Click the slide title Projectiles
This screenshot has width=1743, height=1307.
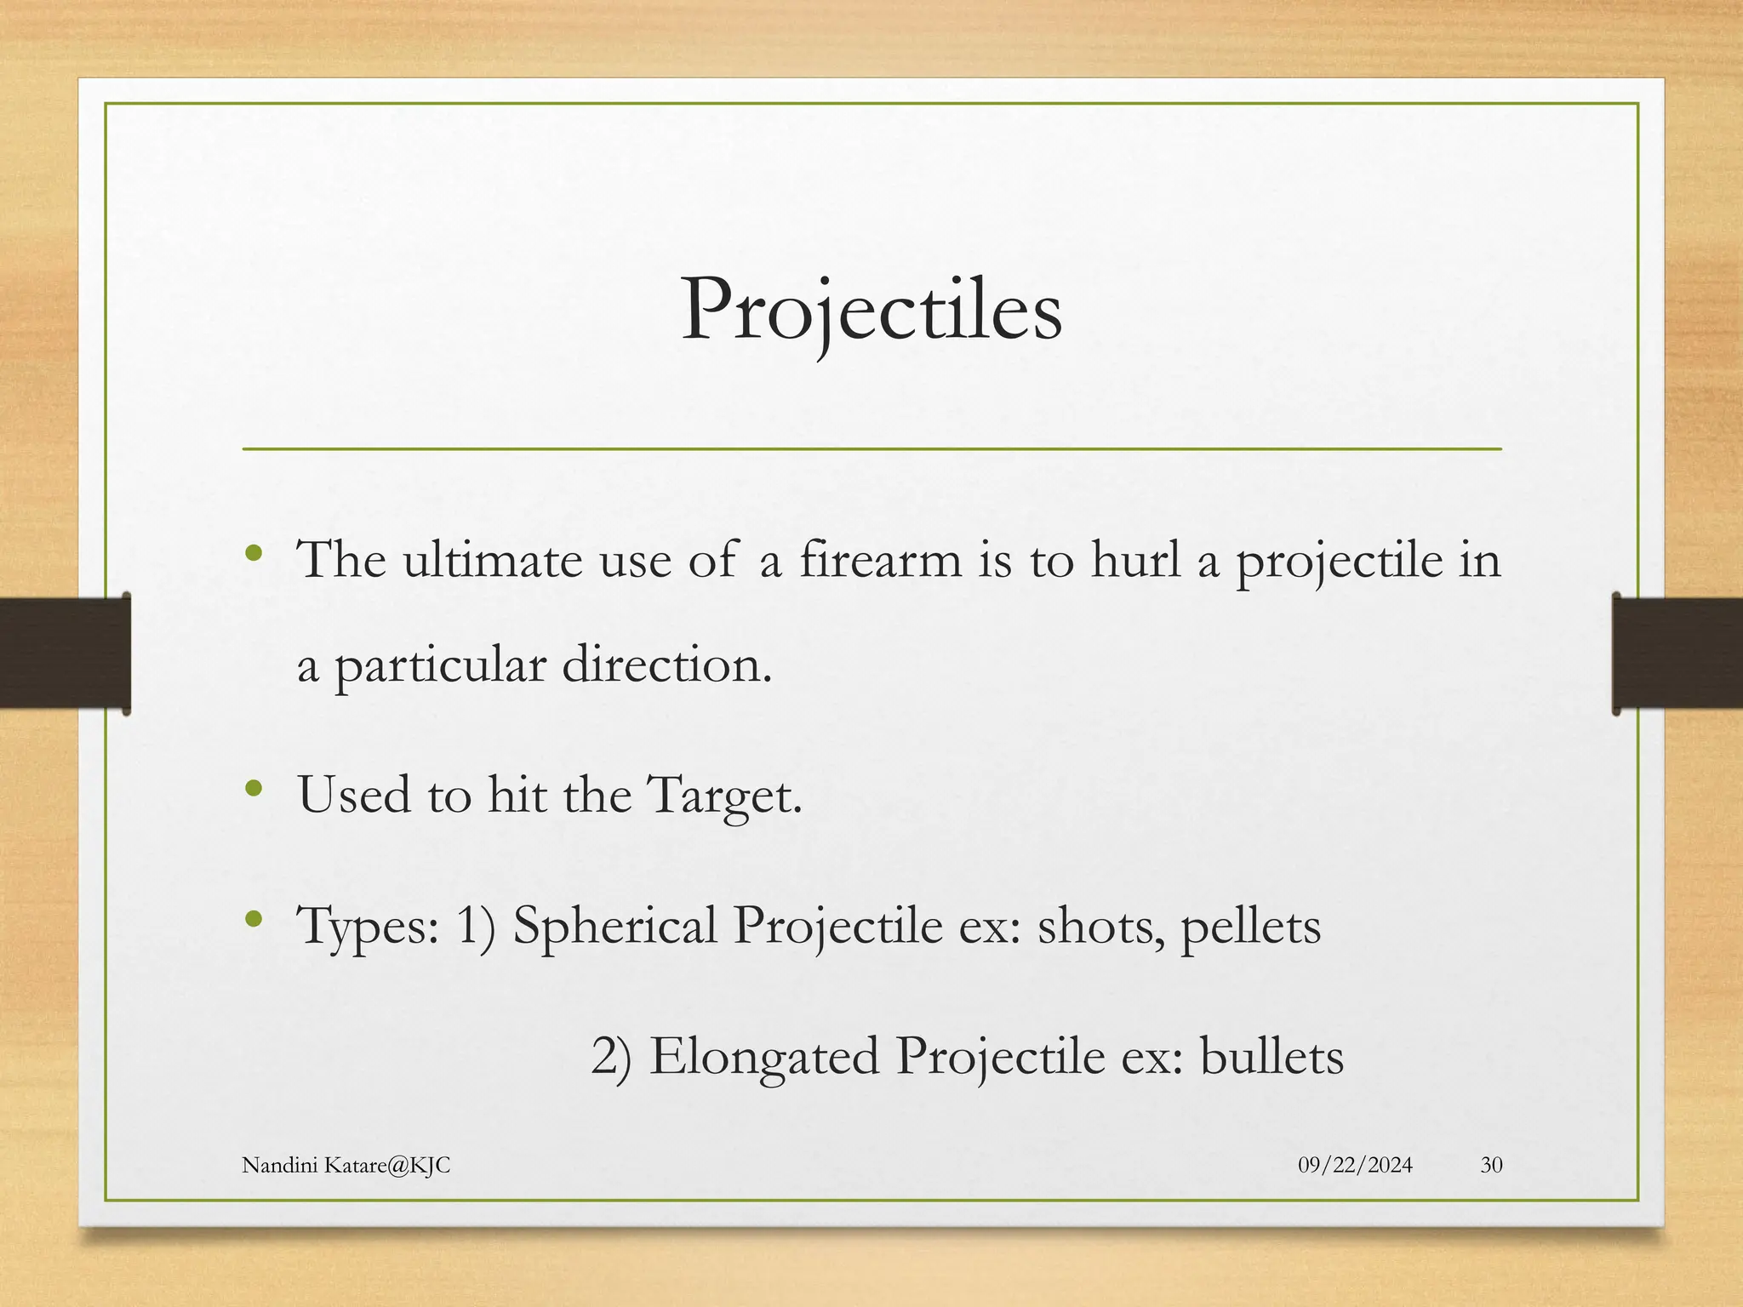[871, 311]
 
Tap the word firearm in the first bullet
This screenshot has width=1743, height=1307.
[880, 561]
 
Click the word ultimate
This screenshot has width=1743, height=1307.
[493, 561]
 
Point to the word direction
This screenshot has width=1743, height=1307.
[666, 665]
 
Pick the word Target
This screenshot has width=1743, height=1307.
[723, 796]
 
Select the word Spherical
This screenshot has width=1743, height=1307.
[614, 927]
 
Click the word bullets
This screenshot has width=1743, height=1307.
[1272, 1058]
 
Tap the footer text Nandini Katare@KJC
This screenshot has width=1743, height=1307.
[346, 1165]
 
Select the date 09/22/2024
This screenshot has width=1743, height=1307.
[1355, 1165]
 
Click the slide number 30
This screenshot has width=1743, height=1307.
[1491, 1165]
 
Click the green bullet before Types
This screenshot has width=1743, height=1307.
[253, 919]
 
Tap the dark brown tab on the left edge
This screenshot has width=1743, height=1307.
[65, 653]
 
